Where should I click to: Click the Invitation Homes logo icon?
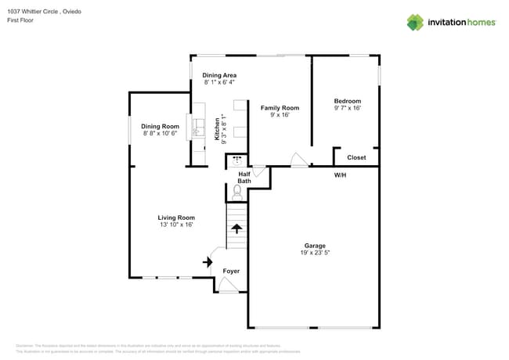pos(415,22)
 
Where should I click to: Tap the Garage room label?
pos(315,246)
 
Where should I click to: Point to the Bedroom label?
pos(347,101)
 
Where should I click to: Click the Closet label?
pos(356,157)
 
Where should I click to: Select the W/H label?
pos(341,175)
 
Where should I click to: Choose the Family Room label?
pos(280,107)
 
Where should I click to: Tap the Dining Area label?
pos(219,75)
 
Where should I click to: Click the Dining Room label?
pos(160,126)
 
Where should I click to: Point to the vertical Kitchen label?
pos(217,129)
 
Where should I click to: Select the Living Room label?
pos(175,218)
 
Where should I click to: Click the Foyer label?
pos(231,271)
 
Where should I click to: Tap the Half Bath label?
pos(244,178)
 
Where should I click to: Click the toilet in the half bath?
pos(237,190)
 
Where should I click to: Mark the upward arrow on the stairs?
pos(236,229)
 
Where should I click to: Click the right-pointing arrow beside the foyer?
pos(208,261)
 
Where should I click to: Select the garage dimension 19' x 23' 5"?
pos(315,253)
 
